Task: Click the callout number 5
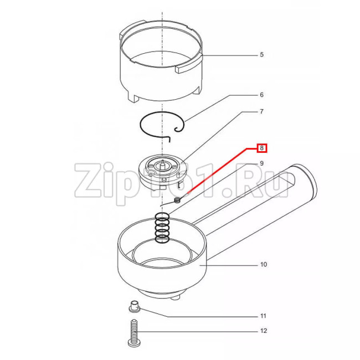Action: (262, 55)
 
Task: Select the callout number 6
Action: (262, 95)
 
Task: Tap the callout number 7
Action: (262, 111)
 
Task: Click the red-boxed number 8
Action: (262, 148)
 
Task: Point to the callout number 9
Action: (262, 163)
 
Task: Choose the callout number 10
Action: (264, 264)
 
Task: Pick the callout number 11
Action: (263, 316)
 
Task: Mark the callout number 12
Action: (264, 331)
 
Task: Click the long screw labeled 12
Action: (135, 332)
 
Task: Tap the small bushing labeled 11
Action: (135, 306)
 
